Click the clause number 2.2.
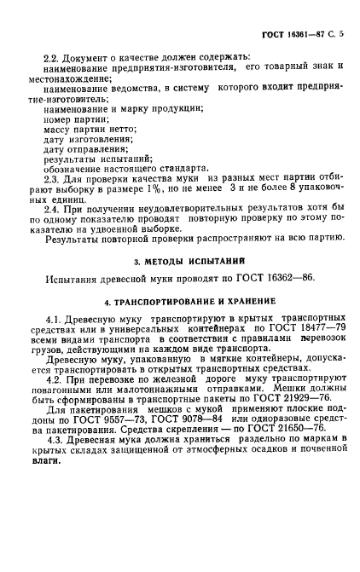tap(52, 55)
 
